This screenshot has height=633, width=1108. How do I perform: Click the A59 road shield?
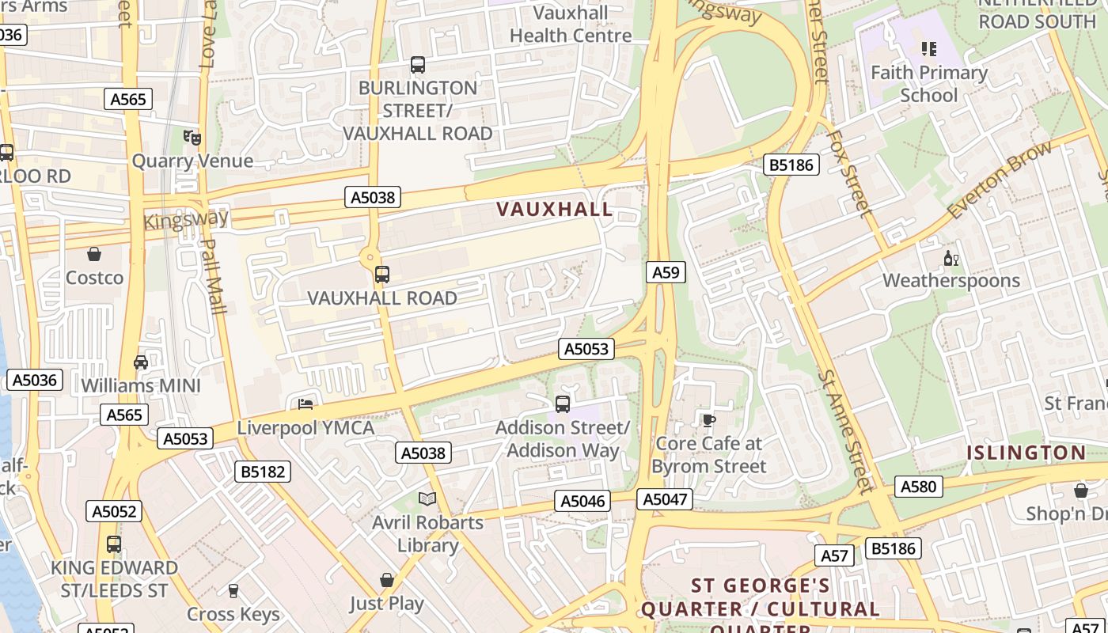pyautogui.click(x=666, y=273)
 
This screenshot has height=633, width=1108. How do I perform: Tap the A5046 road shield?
pyautogui.click(x=583, y=501)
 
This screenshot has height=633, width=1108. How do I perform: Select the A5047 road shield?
pyautogui.click(x=666, y=499)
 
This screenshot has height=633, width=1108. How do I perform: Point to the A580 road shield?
pyautogui.click(x=919, y=487)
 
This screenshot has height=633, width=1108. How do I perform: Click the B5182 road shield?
pyautogui.click(x=263, y=472)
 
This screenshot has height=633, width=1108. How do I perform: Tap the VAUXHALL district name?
pyautogui.click(x=554, y=210)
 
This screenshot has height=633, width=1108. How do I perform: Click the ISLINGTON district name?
pyautogui.click(x=1026, y=453)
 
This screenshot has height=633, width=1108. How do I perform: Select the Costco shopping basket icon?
pyautogui.click(x=94, y=254)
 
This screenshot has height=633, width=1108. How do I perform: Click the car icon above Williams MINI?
pyautogui.click(x=141, y=362)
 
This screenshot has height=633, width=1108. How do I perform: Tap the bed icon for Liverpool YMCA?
pyautogui.click(x=305, y=404)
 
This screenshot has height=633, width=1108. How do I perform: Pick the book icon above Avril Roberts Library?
pyautogui.click(x=427, y=498)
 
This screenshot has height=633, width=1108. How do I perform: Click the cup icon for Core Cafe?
pyautogui.click(x=708, y=419)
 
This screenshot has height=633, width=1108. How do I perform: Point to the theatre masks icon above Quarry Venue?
pyautogui.click(x=192, y=138)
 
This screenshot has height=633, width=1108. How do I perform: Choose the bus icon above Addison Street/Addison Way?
pyautogui.click(x=563, y=404)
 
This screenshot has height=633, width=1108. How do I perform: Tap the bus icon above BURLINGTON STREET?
pyautogui.click(x=418, y=65)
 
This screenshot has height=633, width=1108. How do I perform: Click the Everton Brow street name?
pyautogui.click(x=1000, y=180)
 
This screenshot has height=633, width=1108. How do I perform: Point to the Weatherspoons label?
pyautogui.click(x=951, y=281)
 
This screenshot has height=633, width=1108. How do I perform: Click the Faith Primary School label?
pyautogui.click(x=929, y=84)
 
